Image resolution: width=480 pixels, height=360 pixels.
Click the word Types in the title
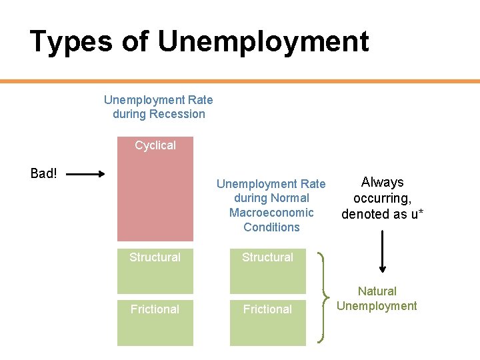69,41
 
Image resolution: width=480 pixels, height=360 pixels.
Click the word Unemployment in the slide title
263,41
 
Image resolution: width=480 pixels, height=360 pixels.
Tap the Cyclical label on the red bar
155,145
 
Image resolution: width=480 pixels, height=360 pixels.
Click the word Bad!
44,174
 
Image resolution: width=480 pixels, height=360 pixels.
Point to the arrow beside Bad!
86,175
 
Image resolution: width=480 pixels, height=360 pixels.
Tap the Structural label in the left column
155,257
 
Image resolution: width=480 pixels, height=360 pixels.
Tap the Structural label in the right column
267,257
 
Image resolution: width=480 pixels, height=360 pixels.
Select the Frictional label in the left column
155,309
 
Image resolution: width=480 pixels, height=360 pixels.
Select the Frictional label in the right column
267,309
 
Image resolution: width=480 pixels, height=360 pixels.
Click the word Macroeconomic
271,213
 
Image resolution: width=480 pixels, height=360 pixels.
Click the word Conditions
271,227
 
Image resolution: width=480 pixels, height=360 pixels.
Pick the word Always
382,183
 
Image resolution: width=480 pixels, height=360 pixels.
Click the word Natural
377,291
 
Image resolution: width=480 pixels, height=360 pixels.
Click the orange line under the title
240,81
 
